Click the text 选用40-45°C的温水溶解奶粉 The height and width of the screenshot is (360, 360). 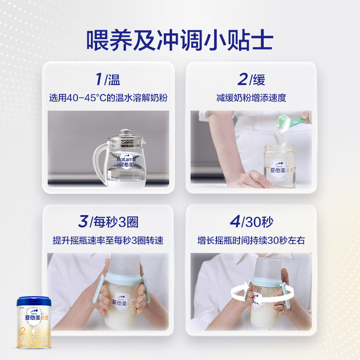coord(108,97)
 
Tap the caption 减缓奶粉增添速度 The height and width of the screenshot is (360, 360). coord(251,97)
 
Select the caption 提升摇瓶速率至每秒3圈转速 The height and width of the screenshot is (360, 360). coord(108,240)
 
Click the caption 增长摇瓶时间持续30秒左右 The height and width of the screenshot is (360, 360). coord(251,240)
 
